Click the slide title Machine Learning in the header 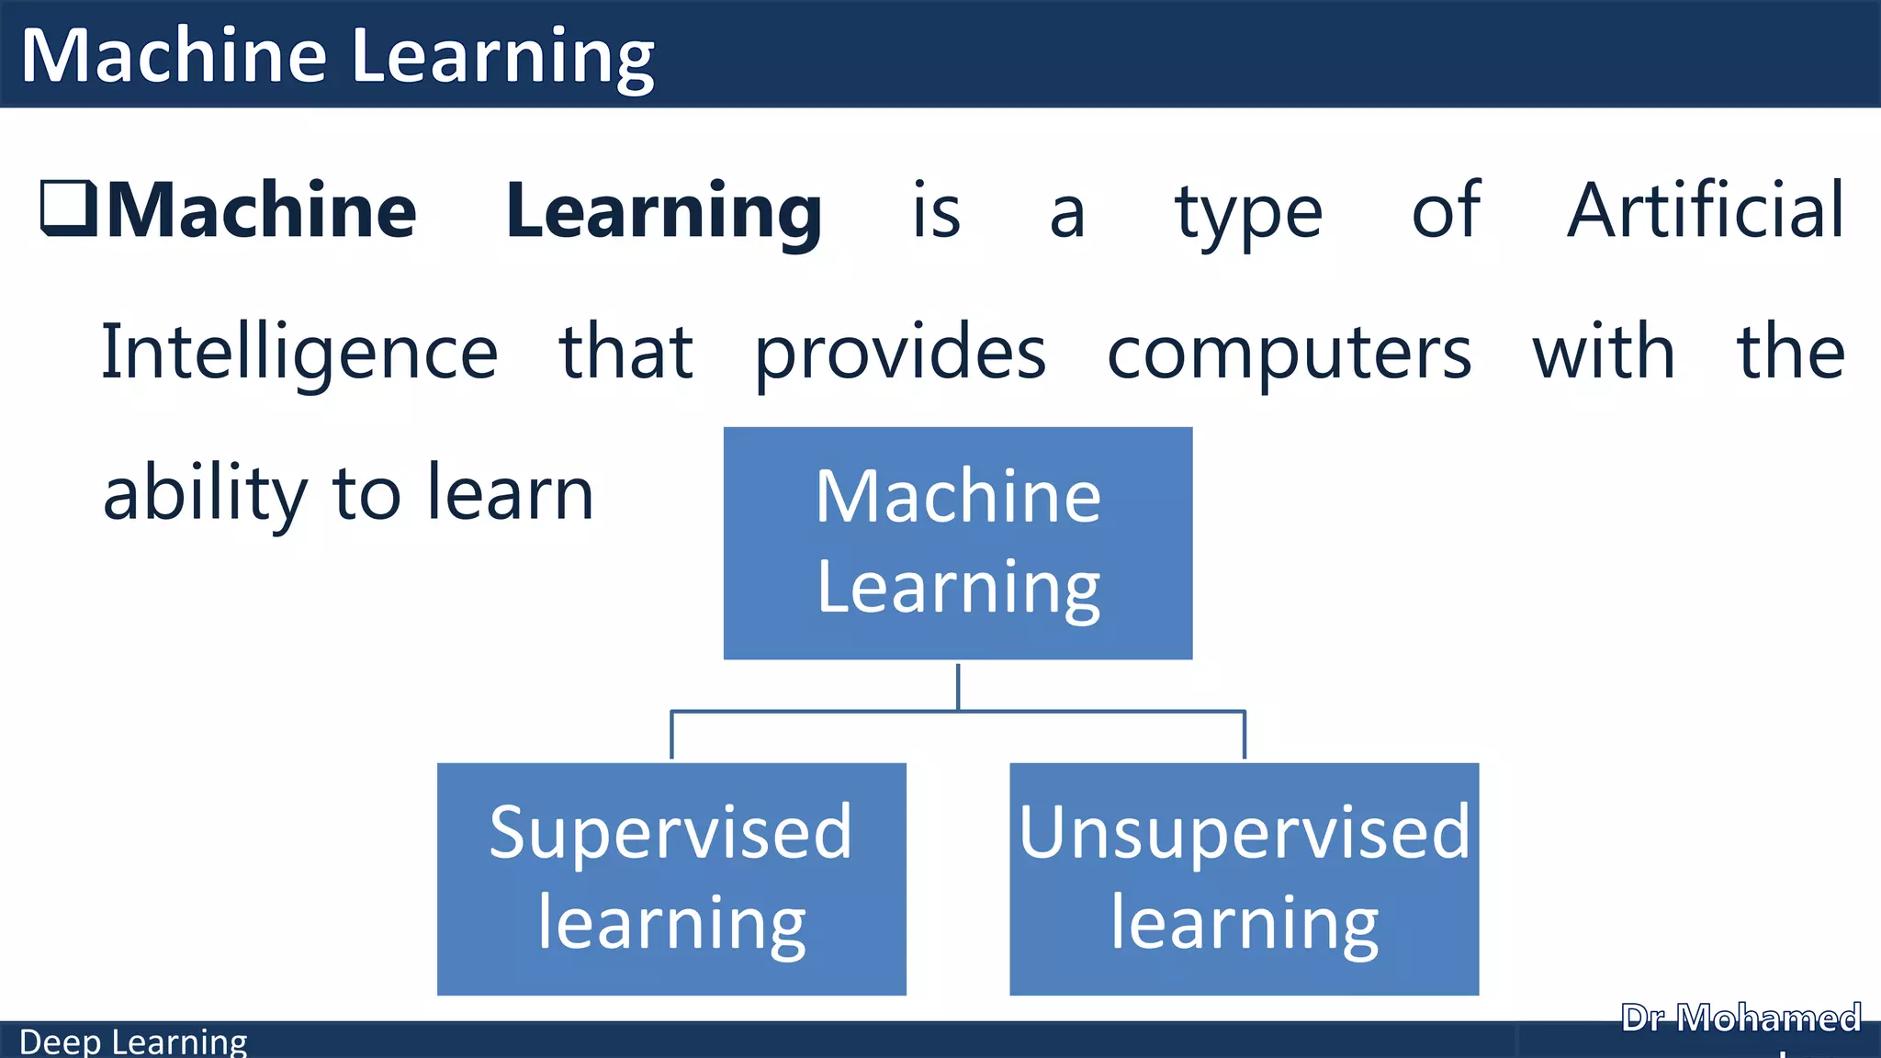337,57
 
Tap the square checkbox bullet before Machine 69,208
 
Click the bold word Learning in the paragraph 663,211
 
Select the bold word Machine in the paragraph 263,211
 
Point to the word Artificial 1705,211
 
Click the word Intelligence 299,354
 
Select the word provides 900,354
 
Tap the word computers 1289,354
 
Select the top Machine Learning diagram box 958,542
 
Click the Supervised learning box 671,879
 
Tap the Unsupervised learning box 1244,879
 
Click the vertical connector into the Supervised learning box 671,736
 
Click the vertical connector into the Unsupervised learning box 1245,736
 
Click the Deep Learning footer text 133,1042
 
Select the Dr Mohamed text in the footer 1740,1019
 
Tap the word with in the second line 1604,354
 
